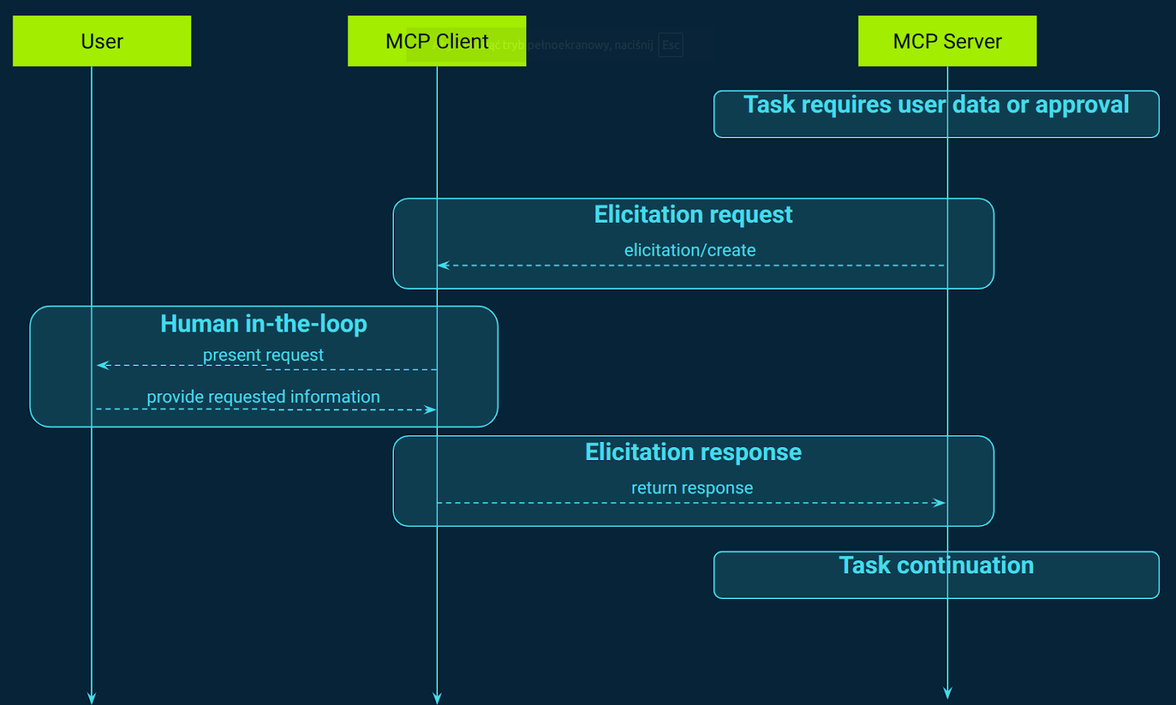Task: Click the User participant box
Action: click(x=101, y=41)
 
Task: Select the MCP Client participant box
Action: click(x=437, y=41)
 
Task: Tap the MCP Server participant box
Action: click(x=947, y=41)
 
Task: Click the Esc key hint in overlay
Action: click(x=670, y=45)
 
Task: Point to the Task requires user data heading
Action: click(x=936, y=104)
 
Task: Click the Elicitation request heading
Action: click(x=692, y=215)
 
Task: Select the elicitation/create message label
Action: click(x=689, y=250)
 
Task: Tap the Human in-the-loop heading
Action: click(x=263, y=323)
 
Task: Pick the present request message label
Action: click(x=263, y=355)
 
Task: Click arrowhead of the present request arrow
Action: click(x=102, y=365)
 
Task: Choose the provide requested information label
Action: click(x=263, y=397)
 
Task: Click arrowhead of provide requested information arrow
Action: click(x=431, y=409)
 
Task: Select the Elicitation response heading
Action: click(x=692, y=452)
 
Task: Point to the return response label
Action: click(x=692, y=488)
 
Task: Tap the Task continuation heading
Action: click(x=936, y=565)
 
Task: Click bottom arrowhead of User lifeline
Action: click(x=91, y=698)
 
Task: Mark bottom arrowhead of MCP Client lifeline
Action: click(x=437, y=698)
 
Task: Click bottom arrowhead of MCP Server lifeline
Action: click(x=947, y=693)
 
